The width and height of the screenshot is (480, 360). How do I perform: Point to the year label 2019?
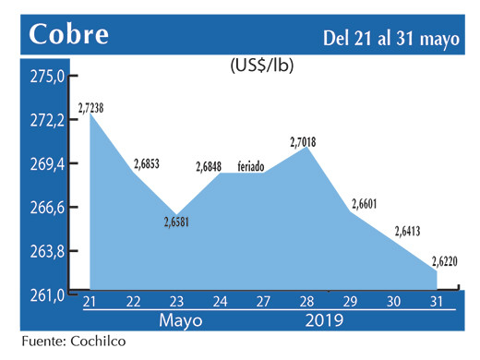click(x=323, y=320)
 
